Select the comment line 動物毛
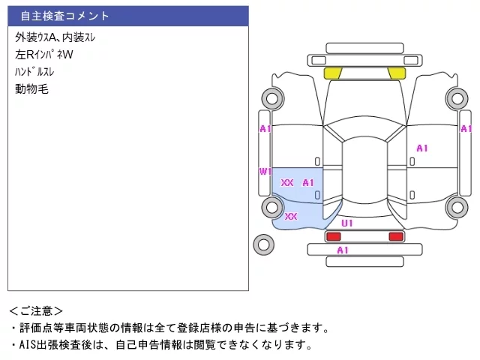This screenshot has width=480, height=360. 31,89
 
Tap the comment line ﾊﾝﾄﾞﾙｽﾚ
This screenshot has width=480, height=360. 34,72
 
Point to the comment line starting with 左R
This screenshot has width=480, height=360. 44,55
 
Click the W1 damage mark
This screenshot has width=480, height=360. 265,172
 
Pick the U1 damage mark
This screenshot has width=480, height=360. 347,223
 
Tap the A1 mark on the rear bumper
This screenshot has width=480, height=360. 343,250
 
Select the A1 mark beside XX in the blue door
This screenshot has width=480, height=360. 308,183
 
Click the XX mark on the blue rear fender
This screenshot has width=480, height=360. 291,217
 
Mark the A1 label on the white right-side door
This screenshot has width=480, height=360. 422,148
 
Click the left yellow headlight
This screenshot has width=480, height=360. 332,73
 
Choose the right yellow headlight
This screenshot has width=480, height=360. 397,73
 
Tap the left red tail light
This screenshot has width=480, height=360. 333,236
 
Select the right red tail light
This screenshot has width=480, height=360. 396,236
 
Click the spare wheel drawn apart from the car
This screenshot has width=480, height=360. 263,244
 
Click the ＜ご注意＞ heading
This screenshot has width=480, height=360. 36,311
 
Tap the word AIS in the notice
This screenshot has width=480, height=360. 28,345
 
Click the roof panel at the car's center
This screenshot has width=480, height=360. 364,170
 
